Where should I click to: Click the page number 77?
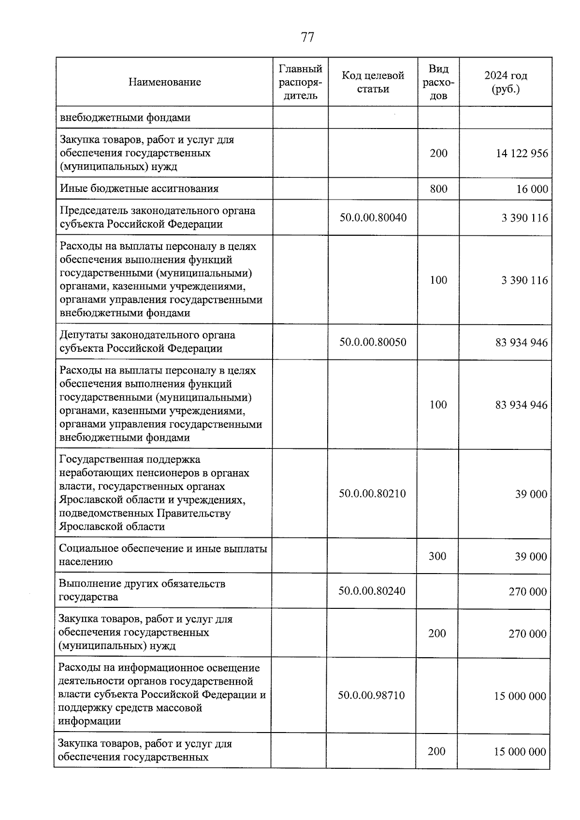click(307, 37)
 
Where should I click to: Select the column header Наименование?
click(164, 82)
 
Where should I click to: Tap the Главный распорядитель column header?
click(300, 82)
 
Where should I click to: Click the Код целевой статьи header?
click(373, 82)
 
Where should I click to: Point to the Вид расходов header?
click(438, 82)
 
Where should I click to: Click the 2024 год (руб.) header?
click(506, 82)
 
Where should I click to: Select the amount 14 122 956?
click(522, 154)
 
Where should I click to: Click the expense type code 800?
click(438, 188)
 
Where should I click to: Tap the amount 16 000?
click(532, 189)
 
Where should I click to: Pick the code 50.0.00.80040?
click(373, 217)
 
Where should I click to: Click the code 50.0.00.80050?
click(373, 342)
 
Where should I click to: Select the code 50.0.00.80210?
click(372, 493)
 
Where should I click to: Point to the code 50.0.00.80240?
click(372, 590)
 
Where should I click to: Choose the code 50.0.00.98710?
click(371, 695)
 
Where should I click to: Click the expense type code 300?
click(437, 556)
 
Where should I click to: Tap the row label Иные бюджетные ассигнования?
click(139, 188)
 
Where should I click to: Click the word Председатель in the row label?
click(88, 211)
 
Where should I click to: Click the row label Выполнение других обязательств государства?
click(142, 590)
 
